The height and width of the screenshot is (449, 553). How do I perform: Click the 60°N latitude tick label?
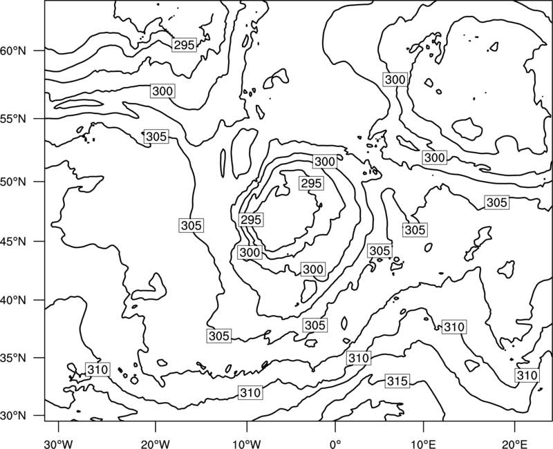13,51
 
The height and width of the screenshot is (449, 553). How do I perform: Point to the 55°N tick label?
13,119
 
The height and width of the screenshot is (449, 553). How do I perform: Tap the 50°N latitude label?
13,182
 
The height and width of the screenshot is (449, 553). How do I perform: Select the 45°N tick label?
13,242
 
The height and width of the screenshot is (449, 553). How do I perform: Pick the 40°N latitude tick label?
13,300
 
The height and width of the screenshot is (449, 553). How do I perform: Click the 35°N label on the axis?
13,358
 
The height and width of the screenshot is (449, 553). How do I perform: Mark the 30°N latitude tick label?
13,416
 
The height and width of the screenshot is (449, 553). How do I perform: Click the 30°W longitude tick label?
58,444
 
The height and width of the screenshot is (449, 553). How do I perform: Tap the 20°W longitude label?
156,444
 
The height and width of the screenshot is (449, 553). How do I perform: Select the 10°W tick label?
247,444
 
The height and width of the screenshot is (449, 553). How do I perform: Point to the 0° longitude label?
335,444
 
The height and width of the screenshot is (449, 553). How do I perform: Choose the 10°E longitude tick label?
423,444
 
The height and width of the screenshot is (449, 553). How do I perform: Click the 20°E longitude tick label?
514,444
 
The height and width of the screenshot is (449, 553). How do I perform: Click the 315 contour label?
397,381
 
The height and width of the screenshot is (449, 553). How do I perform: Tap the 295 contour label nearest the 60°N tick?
184,45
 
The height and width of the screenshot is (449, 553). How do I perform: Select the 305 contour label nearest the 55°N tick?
156,136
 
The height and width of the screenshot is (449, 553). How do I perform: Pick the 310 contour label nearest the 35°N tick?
97,370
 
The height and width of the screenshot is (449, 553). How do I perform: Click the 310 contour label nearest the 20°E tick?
527,375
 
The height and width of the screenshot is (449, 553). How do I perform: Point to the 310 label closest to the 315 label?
359,358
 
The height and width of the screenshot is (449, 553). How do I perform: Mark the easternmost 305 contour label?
497,202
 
